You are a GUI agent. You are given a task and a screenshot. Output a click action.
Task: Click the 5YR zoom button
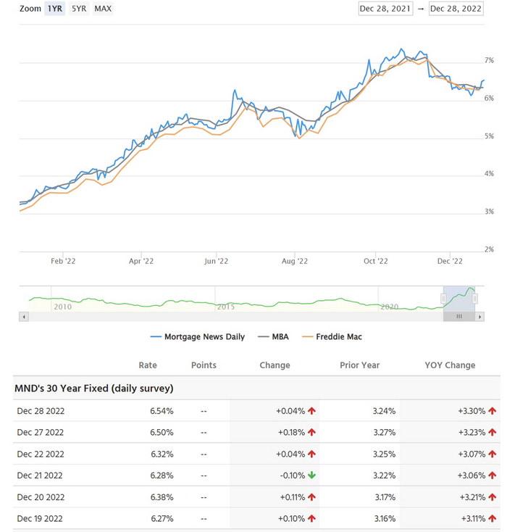click(x=78, y=9)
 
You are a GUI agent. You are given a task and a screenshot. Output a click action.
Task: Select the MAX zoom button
click(x=103, y=9)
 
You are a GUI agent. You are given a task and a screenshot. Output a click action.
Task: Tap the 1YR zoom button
click(x=54, y=9)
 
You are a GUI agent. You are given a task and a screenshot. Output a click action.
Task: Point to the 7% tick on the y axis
click(x=489, y=61)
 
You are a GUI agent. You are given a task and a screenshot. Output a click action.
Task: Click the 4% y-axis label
click(x=489, y=174)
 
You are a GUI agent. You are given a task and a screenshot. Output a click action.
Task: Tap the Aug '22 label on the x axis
click(x=295, y=261)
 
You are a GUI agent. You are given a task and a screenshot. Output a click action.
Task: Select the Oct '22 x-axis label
click(x=376, y=261)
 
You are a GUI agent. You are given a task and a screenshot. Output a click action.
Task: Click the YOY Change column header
click(x=450, y=365)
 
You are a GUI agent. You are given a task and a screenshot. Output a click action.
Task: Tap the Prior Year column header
click(x=359, y=365)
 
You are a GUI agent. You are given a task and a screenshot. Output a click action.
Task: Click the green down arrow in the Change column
click(x=312, y=475)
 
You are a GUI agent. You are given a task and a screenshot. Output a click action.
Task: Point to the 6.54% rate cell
click(x=161, y=411)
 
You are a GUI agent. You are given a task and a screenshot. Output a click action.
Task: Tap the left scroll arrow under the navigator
click(x=24, y=317)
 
